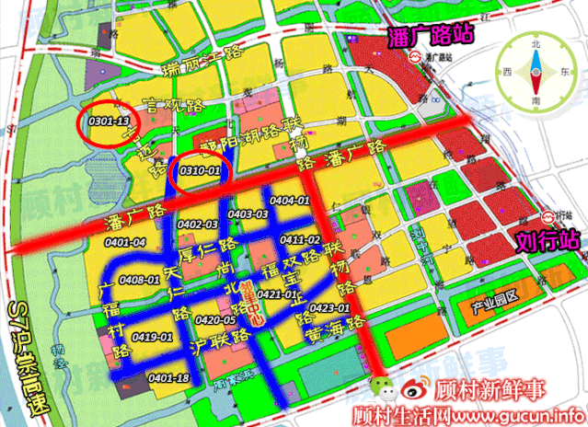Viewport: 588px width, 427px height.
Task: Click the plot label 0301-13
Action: [x=109, y=120]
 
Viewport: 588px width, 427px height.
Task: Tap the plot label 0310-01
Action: [x=200, y=170]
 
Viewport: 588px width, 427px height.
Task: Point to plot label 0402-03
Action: [x=198, y=225]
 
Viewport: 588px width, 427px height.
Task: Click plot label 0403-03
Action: [x=248, y=214]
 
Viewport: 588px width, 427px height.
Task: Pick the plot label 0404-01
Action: [x=290, y=201]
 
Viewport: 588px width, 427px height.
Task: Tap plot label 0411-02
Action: [x=300, y=239]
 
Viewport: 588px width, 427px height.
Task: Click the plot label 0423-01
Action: [x=329, y=307]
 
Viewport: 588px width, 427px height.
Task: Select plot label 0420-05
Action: [x=216, y=319]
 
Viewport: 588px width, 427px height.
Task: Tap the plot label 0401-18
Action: [x=168, y=378]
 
